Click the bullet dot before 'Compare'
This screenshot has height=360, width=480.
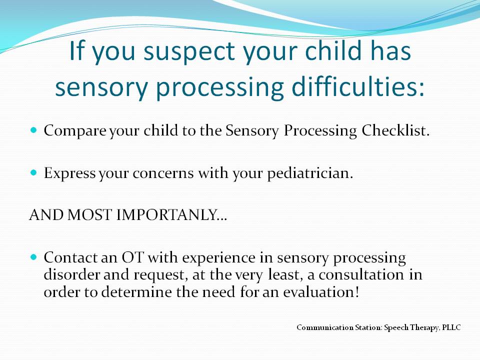pyautogui.click(x=33, y=130)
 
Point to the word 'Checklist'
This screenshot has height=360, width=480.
pyautogui.click(x=395, y=130)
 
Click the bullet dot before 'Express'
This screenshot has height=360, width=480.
pyautogui.click(x=33, y=172)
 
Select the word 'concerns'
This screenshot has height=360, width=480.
pyautogui.click(x=163, y=173)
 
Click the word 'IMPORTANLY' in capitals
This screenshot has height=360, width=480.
pyautogui.click(x=171, y=215)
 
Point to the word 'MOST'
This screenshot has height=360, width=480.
pyautogui.click(x=89, y=215)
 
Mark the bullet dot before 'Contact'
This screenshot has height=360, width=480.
pyautogui.click(x=33, y=256)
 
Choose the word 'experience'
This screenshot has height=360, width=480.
pyautogui.click(x=219, y=258)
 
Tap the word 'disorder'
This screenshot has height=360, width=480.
pyautogui.click(x=71, y=274)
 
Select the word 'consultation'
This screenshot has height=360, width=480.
pyautogui.click(x=361, y=274)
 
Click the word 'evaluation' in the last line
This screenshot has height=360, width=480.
pyautogui.click(x=320, y=291)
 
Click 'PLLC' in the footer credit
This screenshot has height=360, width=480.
pyautogui.click(x=451, y=327)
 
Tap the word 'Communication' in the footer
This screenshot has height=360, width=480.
pyautogui.click(x=325, y=327)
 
